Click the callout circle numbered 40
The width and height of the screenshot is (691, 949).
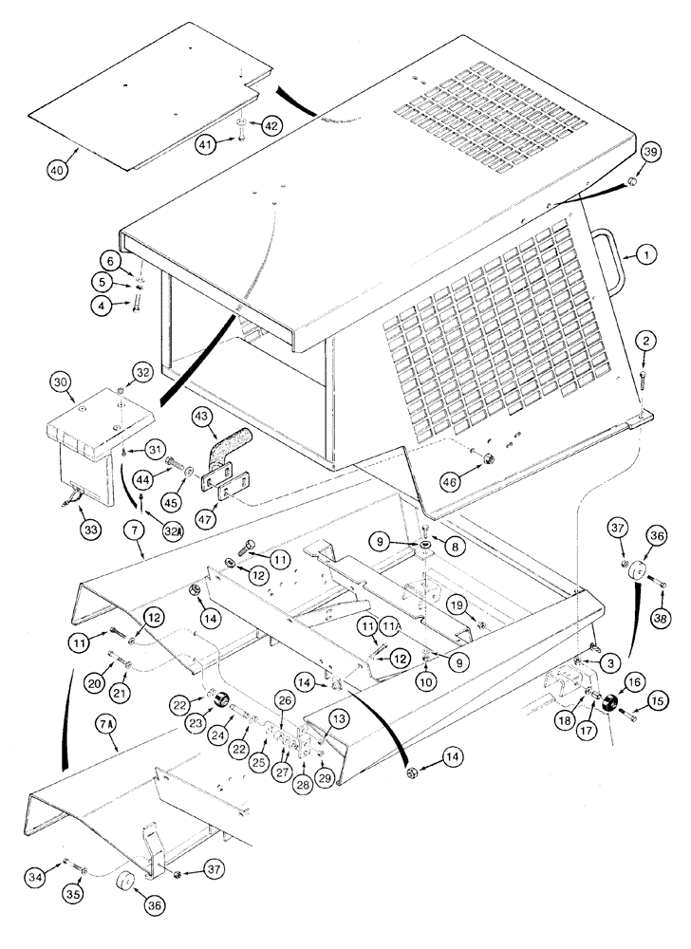click(x=58, y=171)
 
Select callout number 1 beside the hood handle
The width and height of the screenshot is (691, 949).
click(x=644, y=253)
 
